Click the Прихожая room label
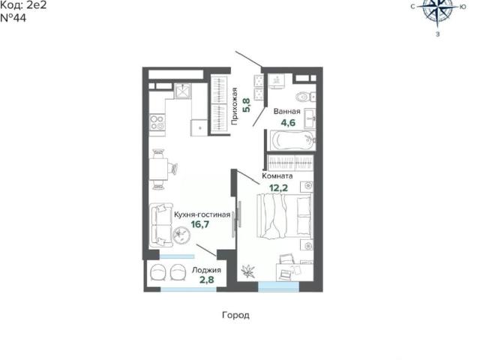(235, 106)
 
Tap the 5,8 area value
(247, 105)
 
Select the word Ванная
(286, 112)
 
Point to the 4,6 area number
(288, 123)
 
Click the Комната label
(277, 176)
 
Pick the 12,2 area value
(278, 187)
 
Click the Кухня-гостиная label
(202, 214)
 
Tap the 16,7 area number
(200, 224)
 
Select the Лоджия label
(206, 270)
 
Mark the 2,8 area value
(207, 280)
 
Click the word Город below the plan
(235, 315)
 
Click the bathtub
(292, 140)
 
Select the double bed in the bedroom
(285, 216)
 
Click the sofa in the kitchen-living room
(160, 225)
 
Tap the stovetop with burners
(157, 121)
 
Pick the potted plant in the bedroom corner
(248, 271)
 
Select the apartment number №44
(13, 18)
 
